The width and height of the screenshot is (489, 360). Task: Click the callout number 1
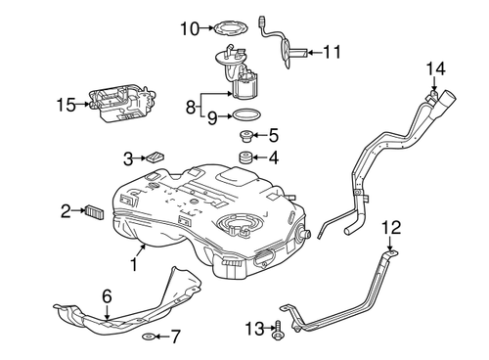[x=133, y=265]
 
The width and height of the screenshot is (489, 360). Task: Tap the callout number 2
[x=66, y=209]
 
